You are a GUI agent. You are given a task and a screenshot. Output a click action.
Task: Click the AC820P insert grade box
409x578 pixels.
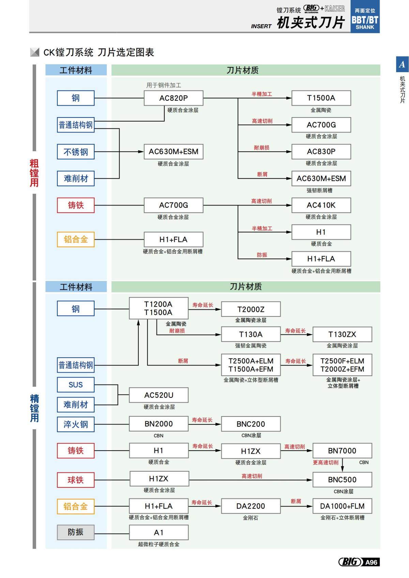(173, 98)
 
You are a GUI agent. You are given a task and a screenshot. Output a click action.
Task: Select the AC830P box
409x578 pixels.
(321, 152)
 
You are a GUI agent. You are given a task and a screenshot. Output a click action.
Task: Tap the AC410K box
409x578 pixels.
(321, 205)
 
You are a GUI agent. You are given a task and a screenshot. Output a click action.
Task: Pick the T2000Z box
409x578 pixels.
(251, 309)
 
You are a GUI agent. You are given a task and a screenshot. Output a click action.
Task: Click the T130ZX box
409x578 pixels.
(342, 334)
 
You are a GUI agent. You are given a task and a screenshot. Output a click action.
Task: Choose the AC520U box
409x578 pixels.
(159, 395)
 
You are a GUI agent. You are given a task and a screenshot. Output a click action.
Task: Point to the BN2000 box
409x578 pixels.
(159, 424)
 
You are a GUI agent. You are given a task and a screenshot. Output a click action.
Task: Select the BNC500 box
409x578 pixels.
(342, 480)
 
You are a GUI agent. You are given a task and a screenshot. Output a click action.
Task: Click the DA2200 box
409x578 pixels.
(251, 506)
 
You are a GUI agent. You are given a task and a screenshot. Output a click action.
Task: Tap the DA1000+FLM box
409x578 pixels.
(342, 506)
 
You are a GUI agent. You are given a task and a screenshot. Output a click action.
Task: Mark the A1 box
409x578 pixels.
(159, 532)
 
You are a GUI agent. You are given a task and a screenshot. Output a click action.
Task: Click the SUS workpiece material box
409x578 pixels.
(76, 385)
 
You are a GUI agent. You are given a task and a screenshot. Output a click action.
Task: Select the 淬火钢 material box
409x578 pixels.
(76, 424)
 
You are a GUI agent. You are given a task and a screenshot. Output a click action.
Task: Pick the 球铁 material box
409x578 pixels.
(76, 480)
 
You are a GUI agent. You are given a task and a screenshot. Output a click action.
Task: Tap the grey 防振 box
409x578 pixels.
(76, 532)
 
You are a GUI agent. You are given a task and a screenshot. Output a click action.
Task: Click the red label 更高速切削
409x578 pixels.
(326, 463)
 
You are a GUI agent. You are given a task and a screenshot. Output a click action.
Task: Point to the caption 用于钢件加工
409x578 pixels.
(164, 85)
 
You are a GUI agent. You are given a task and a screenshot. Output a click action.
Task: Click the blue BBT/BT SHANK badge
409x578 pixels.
(365, 20)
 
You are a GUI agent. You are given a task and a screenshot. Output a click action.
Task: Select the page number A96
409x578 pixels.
(371, 562)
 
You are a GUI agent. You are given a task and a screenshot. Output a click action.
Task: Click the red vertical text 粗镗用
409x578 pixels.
(34, 173)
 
